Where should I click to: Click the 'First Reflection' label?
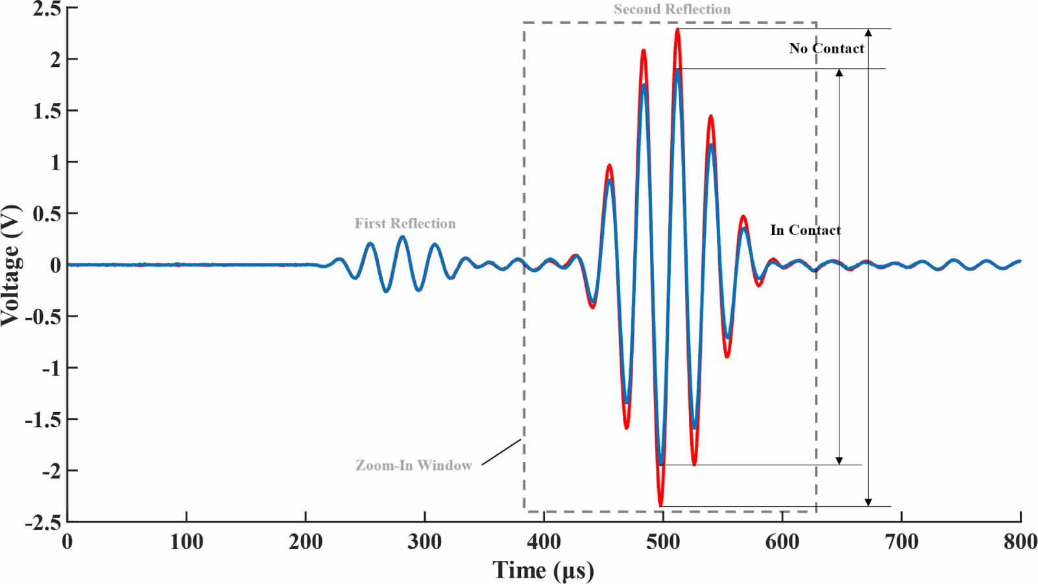click(x=405, y=223)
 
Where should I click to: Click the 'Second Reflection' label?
click(x=672, y=9)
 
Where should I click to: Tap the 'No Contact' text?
click(x=827, y=48)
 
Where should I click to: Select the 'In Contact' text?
click(x=805, y=230)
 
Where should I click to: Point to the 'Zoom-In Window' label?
click(x=413, y=465)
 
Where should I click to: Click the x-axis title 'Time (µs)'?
click(x=543, y=570)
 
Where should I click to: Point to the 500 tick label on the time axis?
click(x=662, y=542)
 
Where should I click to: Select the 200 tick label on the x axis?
click(x=306, y=542)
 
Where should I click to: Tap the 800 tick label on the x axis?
click(x=1020, y=542)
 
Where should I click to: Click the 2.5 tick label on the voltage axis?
click(x=47, y=8)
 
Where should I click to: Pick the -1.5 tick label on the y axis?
click(x=43, y=419)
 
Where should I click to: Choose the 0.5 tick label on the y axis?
click(x=47, y=213)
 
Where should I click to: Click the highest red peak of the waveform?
click(x=677, y=29)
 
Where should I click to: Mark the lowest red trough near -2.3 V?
click(x=660, y=504)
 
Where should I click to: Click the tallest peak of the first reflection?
click(x=402, y=237)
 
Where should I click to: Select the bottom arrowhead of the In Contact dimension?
click(x=839, y=461)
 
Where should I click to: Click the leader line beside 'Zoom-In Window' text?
click(x=501, y=452)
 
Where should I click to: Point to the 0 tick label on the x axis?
click(x=67, y=542)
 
